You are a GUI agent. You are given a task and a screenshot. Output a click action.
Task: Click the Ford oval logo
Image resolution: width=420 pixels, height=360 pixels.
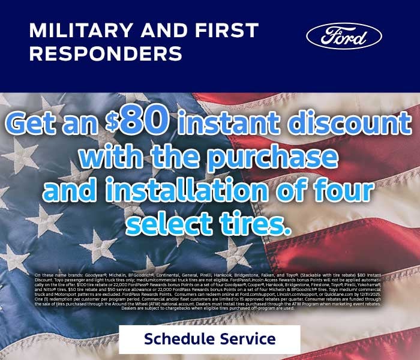(344, 36)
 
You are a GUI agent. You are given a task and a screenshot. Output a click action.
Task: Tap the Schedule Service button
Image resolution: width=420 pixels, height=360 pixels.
(209, 339)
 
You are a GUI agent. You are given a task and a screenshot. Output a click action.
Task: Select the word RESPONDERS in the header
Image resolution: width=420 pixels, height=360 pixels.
(106, 53)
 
